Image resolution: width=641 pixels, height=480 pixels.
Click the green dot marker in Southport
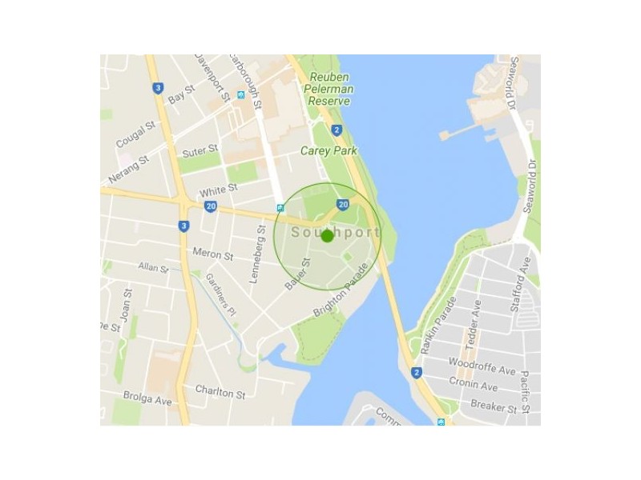tap(327, 236)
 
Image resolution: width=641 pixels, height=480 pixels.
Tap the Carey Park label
tap(329, 150)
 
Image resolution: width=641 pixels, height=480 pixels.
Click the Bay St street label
tap(182, 94)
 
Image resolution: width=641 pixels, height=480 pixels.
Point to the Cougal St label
tap(135, 134)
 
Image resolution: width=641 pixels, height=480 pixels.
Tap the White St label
tap(219, 190)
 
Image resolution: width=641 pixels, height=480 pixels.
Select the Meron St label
tap(212, 254)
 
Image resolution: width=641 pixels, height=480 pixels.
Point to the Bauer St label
tap(296, 274)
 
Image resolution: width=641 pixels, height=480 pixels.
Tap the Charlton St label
tap(220, 391)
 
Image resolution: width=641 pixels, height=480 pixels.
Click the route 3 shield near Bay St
tap(159, 88)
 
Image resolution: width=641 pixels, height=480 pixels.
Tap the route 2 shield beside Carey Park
tap(337, 130)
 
